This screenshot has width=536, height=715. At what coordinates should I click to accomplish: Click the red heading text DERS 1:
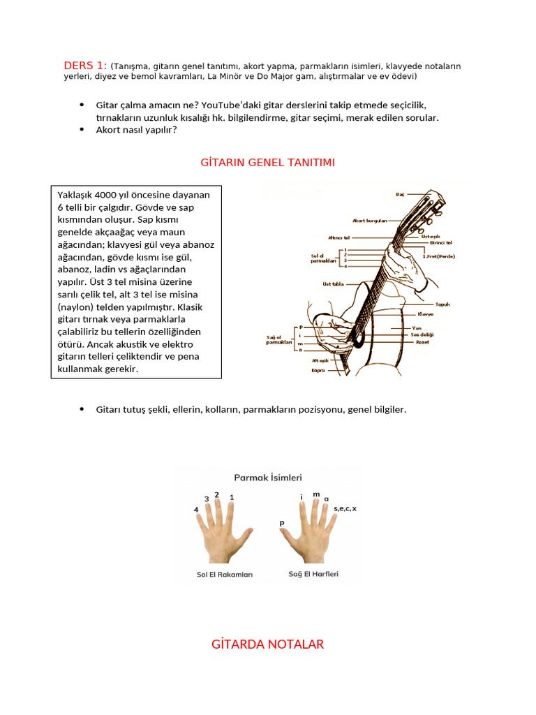[x=85, y=66]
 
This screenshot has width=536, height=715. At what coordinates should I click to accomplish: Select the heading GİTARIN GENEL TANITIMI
[x=268, y=163]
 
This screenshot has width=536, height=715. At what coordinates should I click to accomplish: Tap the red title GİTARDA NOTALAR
[x=268, y=644]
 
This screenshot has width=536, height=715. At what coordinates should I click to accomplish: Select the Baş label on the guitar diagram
[x=401, y=193]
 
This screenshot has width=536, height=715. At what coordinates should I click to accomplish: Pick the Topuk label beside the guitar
[x=442, y=304]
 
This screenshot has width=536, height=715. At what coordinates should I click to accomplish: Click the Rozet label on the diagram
[x=422, y=342]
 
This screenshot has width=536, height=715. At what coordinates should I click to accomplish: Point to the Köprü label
[x=318, y=370]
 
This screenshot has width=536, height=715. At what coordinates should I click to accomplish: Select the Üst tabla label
[x=333, y=284]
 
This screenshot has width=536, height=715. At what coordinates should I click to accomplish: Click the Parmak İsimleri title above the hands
[x=268, y=478]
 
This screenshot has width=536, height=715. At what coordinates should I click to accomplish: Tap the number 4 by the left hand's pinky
[x=196, y=510]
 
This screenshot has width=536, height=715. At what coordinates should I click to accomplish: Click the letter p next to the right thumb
[x=282, y=522]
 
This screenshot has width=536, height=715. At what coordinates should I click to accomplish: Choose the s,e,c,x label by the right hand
[x=345, y=508]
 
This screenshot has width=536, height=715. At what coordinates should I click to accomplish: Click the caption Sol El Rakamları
[x=225, y=575]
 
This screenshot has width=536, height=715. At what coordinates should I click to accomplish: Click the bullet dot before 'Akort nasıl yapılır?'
[x=82, y=129]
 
